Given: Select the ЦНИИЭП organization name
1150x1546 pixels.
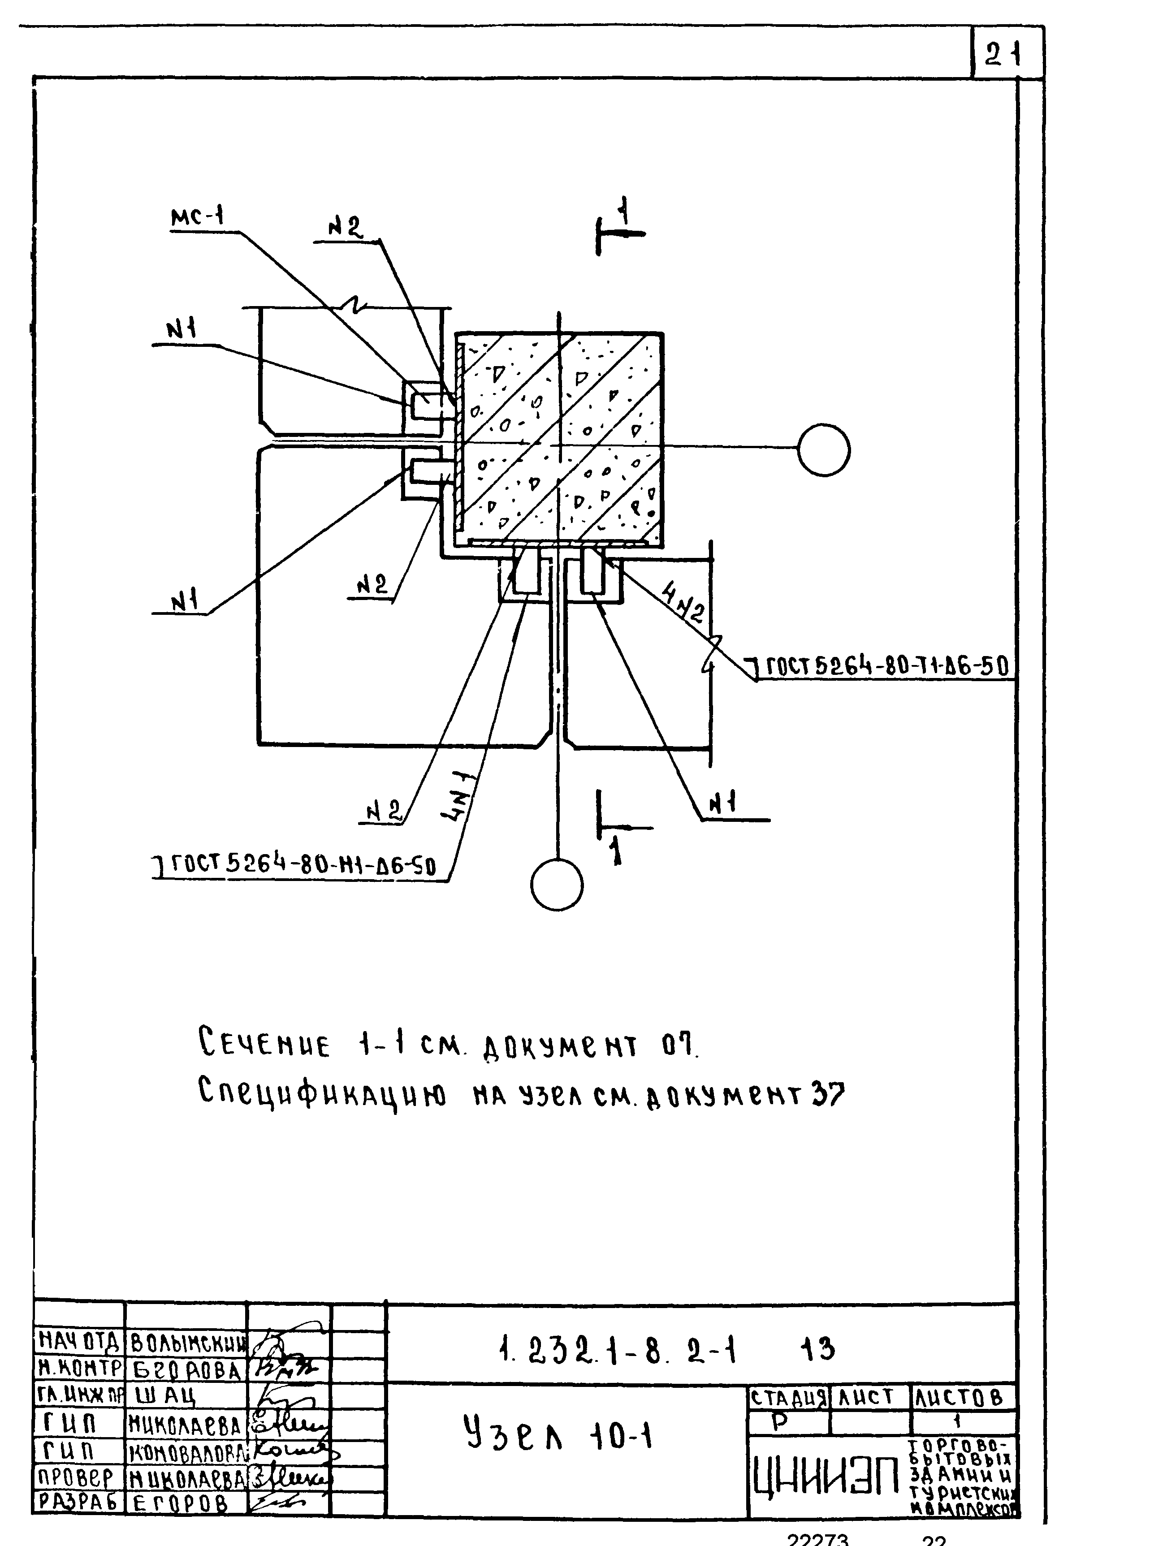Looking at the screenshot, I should [x=826, y=1477].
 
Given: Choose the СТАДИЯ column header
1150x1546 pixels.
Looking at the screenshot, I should [x=789, y=1398].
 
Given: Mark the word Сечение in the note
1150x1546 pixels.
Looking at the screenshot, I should [x=264, y=1046].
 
